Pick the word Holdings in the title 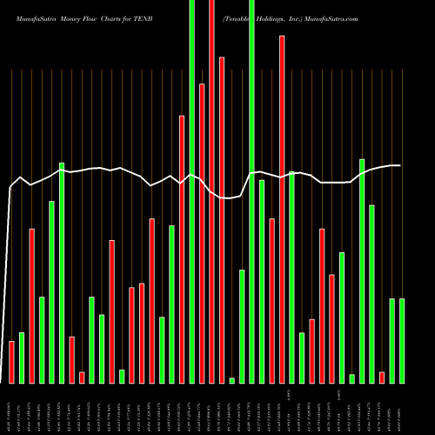click(262, 17)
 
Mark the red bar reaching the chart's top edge click(211, 191)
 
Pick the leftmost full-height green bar click(191, 191)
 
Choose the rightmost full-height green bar click(251, 191)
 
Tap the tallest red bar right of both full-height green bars click(282, 209)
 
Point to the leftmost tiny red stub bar click(82, 377)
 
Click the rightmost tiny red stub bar click(382, 377)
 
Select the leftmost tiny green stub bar click(122, 376)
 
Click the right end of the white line click(400, 165)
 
